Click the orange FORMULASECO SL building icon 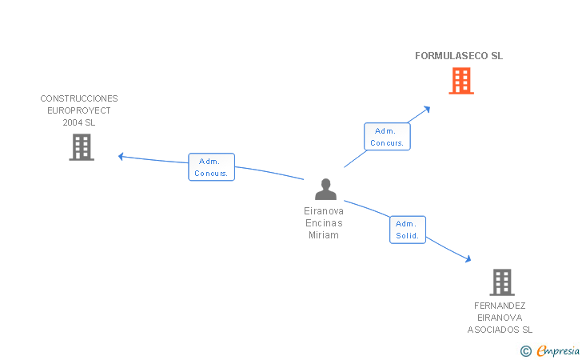click(461, 81)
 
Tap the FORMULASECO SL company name click(459, 56)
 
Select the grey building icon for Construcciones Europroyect click(82, 147)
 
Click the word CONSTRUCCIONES click(79, 99)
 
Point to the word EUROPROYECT click(79, 111)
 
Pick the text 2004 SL click(79, 123)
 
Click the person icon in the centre click(325, 190)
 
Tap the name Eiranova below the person click(324, 211)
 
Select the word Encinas click(324, 223)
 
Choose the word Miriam click(324, 235)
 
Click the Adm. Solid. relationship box click(408, 230)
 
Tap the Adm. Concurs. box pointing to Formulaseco click(387, 137)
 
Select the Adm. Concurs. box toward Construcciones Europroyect click(211, 167)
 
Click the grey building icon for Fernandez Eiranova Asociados click(501, 282)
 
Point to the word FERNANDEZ click(500, 306)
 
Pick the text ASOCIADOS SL click(500, 330)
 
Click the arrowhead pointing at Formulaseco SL click(428, 108)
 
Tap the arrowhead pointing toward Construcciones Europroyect click(122, 156)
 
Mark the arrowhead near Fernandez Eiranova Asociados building click(468, 258)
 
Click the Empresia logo click(557, 350)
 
